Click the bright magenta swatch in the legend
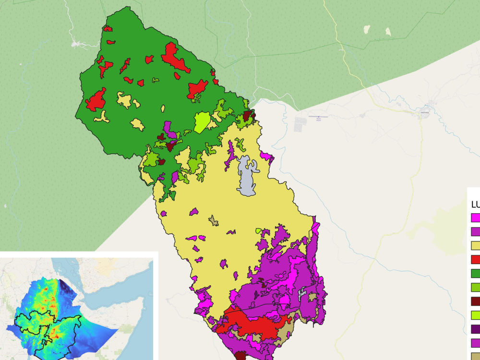(475, 218)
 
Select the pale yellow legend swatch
(475, 246)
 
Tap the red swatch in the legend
(475, 260)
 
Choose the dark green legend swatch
(475, 274)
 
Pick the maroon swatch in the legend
(475, 301)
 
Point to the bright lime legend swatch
(475, 315)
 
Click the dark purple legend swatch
(475, 329)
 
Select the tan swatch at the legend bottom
(475, 357)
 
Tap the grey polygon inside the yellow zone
(247, 178)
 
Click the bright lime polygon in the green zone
(202, 122)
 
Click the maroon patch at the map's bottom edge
(241, 356)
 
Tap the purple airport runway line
(318, 117)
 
